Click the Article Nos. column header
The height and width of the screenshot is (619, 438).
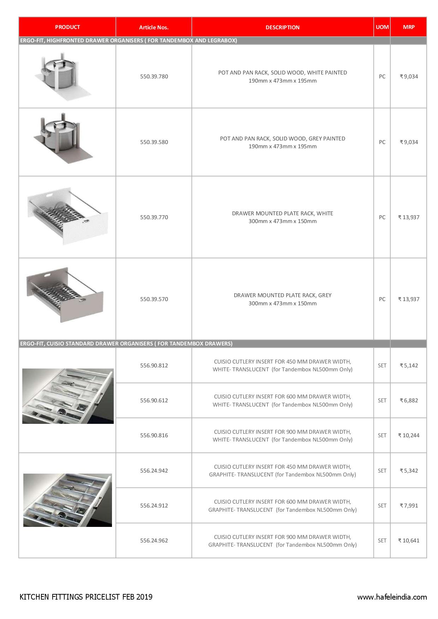(x=154, y=27)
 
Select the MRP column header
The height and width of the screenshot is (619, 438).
(x=409, y=27)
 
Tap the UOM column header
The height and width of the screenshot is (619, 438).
(x=382, y=27)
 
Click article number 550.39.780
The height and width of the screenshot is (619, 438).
(x=154, y=76)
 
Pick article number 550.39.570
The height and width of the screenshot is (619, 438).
(x=154, y=299)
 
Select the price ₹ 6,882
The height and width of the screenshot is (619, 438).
(x=409, y=400)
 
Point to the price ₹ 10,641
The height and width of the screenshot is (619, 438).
(x=409, y=540)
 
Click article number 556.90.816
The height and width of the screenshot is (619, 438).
(x=154, y=435)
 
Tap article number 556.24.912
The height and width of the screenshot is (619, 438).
(x=154, y=505)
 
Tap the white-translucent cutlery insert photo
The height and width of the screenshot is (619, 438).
(x=68, y=396)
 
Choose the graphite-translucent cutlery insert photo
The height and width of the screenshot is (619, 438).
(x=67, y=500)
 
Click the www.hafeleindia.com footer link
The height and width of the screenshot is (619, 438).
(x=392, y=597)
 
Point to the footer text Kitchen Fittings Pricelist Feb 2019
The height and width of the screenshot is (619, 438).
(x=86, y=597)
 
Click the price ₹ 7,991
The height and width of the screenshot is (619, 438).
(x=409, y=505)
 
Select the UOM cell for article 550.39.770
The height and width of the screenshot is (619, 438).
(x=382, y=217)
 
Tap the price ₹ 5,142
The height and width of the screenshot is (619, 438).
(x=409, y=365)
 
